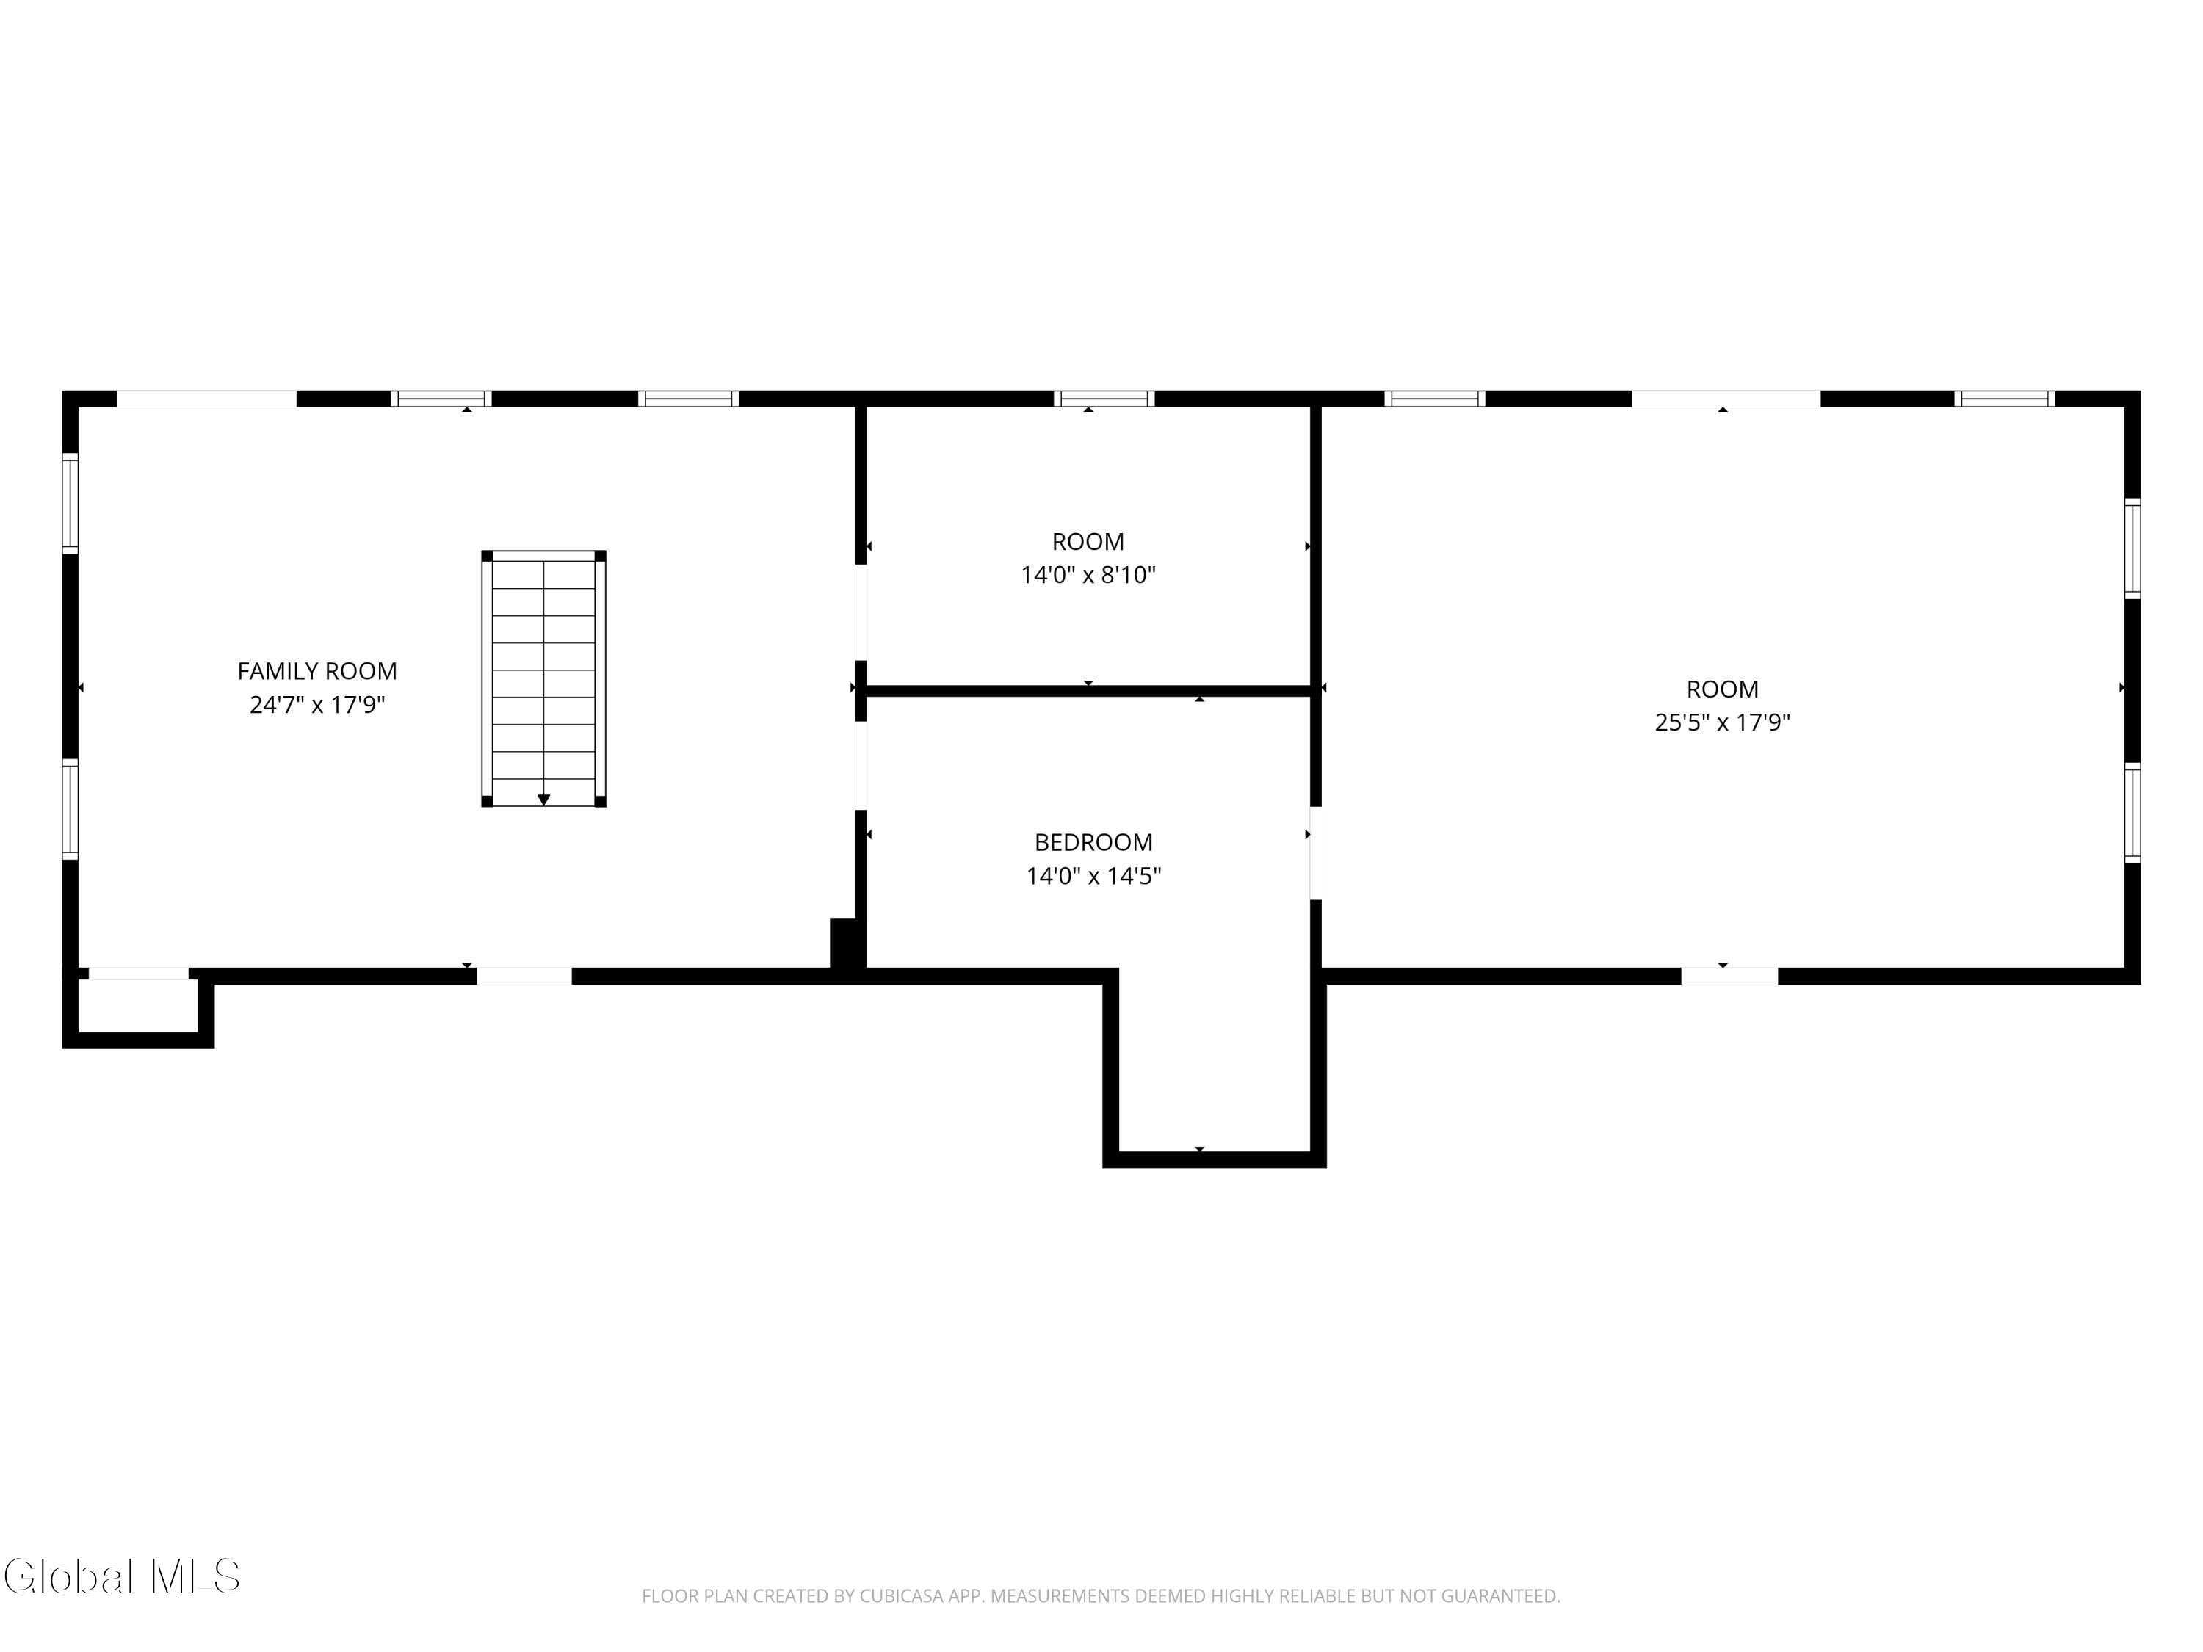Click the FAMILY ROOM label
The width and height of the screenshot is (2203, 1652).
click(316, 671)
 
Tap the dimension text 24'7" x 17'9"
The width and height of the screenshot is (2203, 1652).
click(316, 705)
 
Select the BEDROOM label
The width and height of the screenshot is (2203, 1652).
click(1093, 842)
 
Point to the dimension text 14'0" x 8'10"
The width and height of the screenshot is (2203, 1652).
click(1088, 575)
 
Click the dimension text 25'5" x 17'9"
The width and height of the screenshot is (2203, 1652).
click(1722, 722)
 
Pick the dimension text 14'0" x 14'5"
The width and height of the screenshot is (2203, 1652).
click(1093, 876)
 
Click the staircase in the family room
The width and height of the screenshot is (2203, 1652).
click(544, 678)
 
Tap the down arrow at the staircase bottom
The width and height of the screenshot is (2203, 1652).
click(544, 799)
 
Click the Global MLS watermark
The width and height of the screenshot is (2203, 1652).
click(121, 1576)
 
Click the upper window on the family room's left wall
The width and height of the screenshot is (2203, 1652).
click(70, 503)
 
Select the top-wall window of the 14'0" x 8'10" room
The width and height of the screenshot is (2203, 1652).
click(1104, 398)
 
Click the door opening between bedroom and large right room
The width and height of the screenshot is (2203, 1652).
click(1314, 852)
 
